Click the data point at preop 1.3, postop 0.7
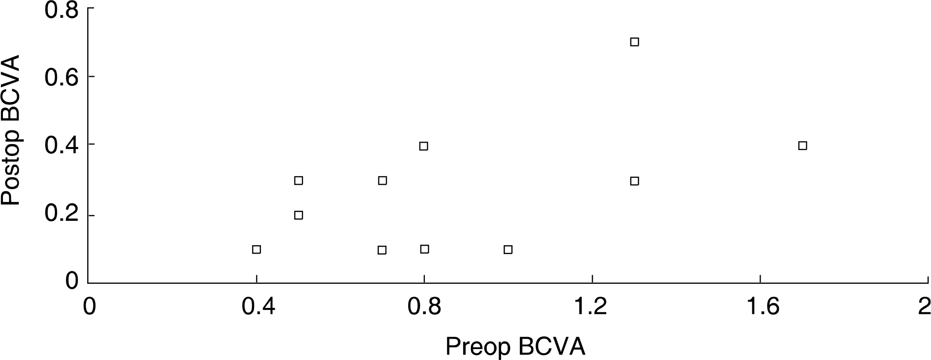click(x=634, y=42)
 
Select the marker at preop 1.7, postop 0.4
click(x=803, y=146)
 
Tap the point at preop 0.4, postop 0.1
click(x=257, y=250)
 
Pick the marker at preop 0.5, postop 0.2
click(x=299, y=215)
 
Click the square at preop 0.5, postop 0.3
click(x=299, y=181)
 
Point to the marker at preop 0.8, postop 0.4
click(x=423, y=146)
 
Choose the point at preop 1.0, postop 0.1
click(x=508, y=250)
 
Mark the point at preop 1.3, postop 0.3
click(x=634, y=181)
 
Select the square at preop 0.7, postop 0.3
click(x=382, y=181)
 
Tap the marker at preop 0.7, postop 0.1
click(x=382, y=250)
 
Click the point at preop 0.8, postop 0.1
click(x=424, y=249)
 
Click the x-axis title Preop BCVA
click(x=516, y=347)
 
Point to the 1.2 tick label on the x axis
click(x=592, y=308)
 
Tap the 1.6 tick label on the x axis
click(x=760, y=308)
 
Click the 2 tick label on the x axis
click(x=924, y=308)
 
